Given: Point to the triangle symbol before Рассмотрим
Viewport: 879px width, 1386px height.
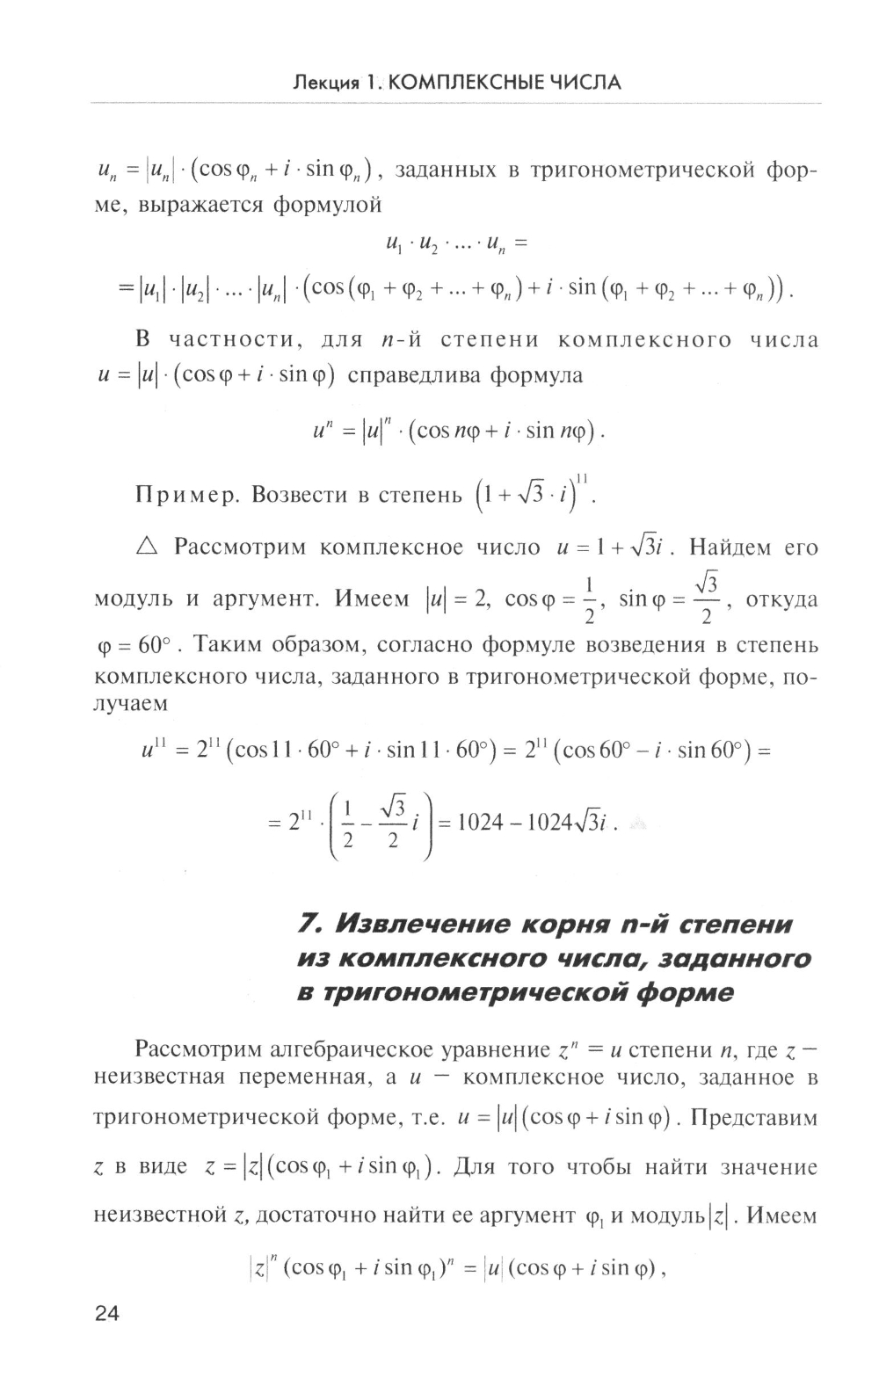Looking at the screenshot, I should click(146, 547).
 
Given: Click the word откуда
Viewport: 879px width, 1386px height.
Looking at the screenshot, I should click(781, 600).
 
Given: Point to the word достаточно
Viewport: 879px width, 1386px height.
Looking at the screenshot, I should click(323, 1216).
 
